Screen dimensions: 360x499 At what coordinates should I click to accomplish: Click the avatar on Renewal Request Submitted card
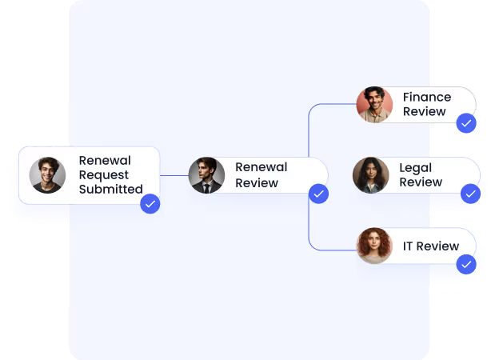(47, 174)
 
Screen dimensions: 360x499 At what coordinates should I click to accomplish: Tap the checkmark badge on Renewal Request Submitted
(150, 204)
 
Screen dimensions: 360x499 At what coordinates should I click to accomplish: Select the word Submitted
(110, 190)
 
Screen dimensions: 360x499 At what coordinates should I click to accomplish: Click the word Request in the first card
(104, 174)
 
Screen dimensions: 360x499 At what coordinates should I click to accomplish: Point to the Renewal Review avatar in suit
(206, 174)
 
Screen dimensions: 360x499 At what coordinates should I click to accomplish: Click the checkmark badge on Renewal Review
(318, 194)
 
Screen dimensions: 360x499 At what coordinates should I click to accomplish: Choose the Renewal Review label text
(261, 175)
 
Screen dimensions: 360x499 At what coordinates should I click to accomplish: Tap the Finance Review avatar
(374, 104)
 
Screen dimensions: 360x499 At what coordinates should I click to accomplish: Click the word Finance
(427, 97)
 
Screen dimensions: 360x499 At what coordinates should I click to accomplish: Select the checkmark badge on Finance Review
(466, 123)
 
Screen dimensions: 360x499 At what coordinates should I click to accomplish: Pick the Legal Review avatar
(370, 174)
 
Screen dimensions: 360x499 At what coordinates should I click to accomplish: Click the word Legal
(415, 167)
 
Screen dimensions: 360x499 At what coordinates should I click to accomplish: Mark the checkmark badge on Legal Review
(470, 194)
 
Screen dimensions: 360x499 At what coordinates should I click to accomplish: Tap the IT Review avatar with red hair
(374, 246)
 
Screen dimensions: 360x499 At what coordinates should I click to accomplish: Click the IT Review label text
(431, 246)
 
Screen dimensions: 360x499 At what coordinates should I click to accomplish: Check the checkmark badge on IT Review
(465, 265)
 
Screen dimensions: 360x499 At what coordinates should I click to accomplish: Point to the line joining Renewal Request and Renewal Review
(174, 175)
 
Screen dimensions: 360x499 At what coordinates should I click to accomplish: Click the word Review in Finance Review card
(425, 112)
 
